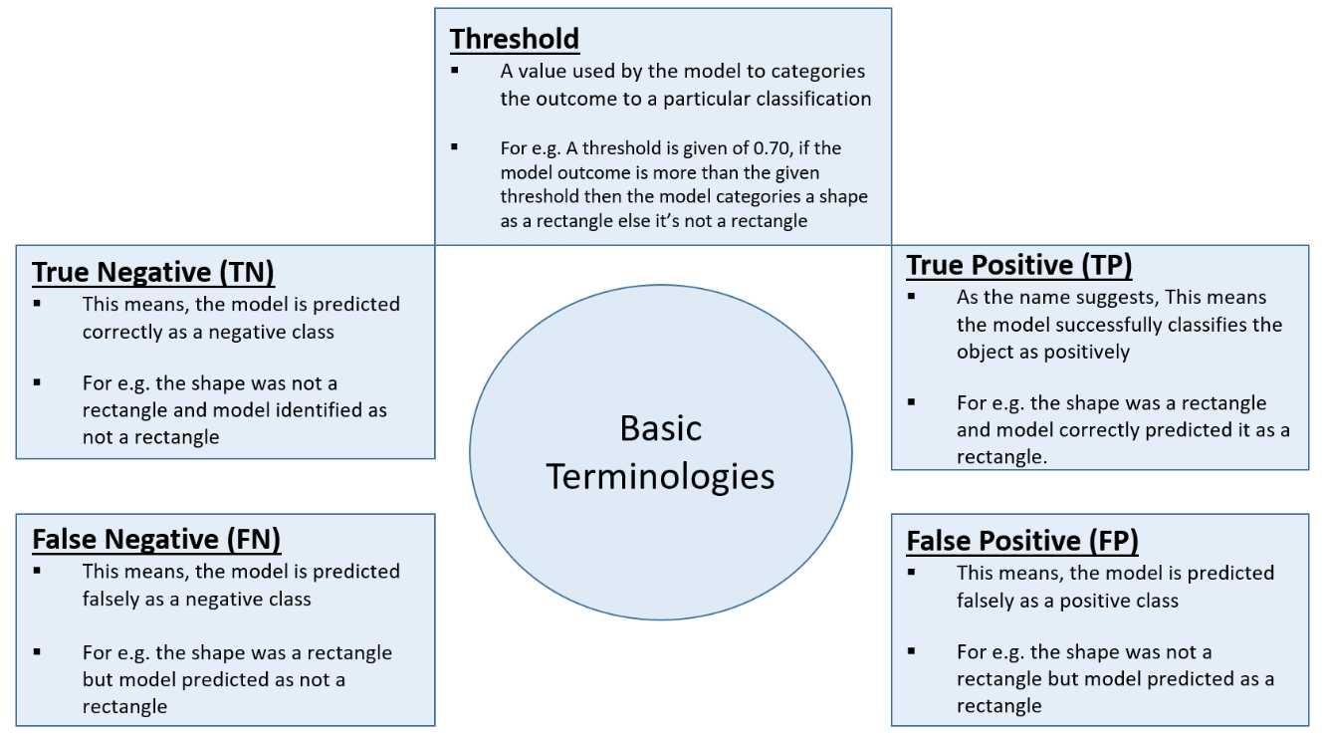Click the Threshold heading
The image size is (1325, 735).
514,39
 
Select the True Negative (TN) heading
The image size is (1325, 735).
153,272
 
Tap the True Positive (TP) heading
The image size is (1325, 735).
1019,265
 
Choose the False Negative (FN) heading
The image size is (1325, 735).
156,539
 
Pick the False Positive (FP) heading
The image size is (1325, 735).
1022,541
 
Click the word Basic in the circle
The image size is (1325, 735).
661,428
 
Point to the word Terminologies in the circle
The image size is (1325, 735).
661,476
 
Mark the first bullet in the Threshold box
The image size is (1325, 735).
455,71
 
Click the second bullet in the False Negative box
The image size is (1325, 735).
37,652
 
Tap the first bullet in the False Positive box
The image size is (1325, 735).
912,572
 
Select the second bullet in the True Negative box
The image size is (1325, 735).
37,382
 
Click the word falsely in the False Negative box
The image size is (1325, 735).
112,600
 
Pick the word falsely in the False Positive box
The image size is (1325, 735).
988,601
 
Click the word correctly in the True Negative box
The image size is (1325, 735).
122,332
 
